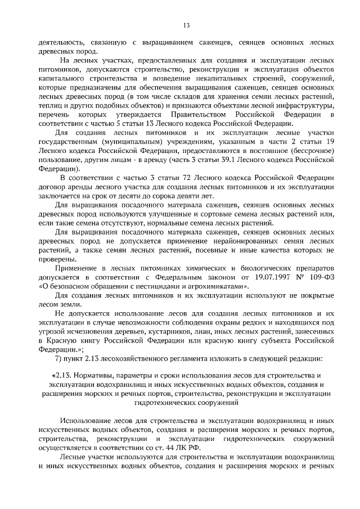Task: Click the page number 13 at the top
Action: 186,25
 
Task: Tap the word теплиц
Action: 49,106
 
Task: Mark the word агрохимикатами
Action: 219,285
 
